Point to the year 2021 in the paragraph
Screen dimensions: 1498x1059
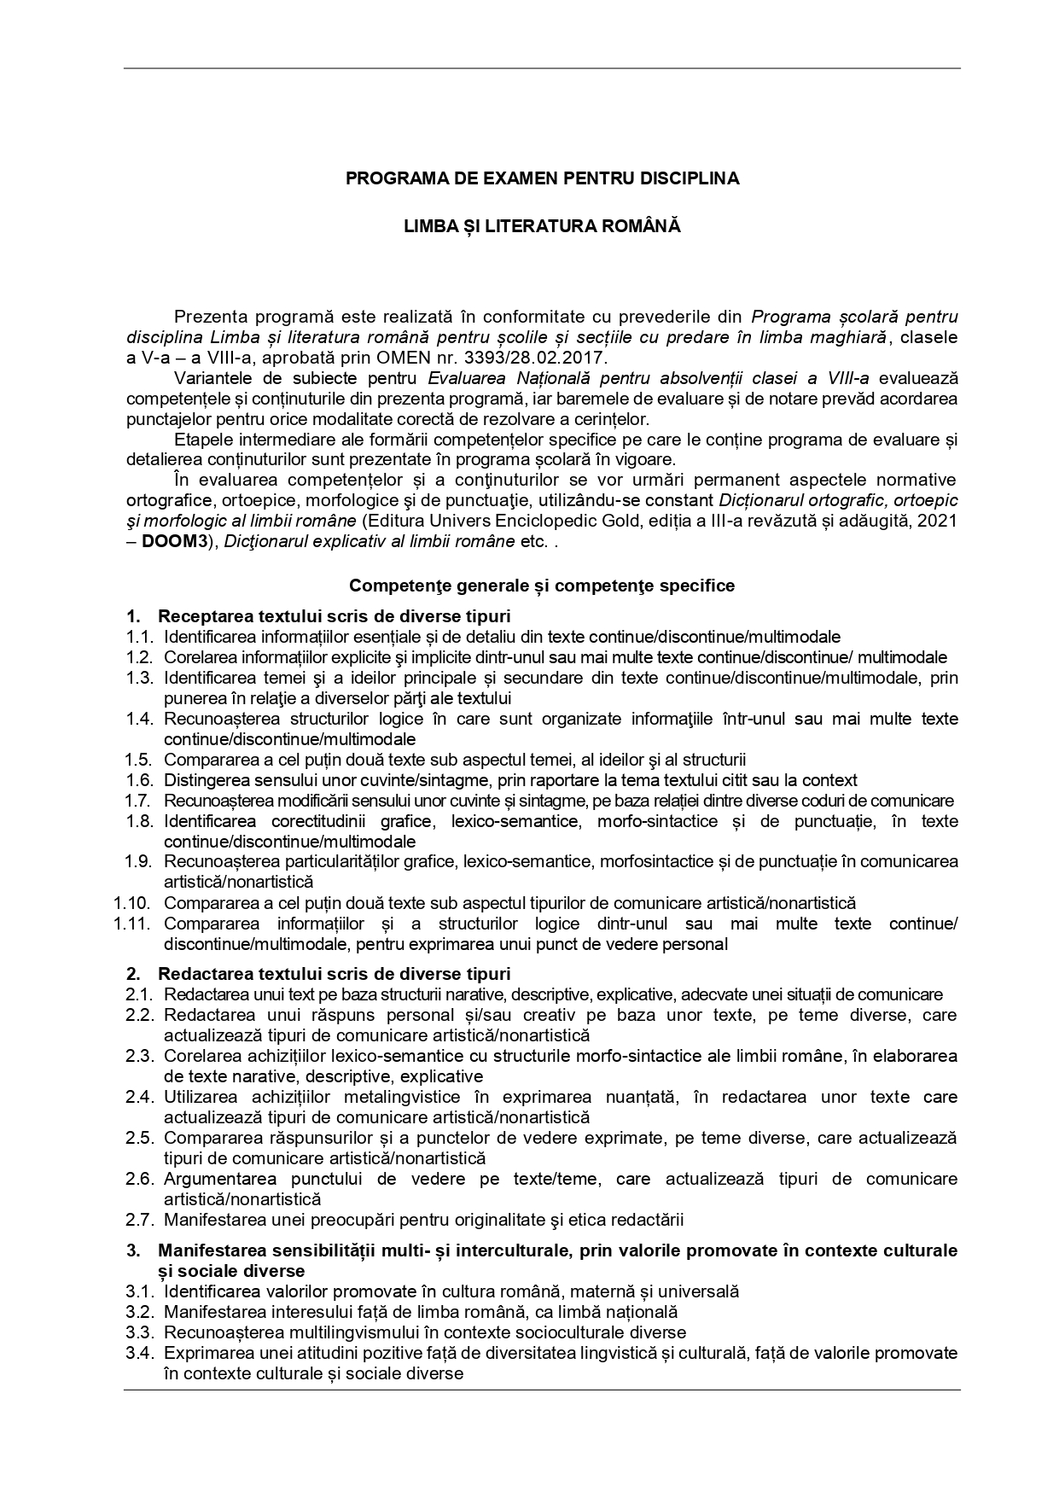pyautogui.click(x=939, y=521)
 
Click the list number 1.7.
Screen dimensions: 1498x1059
pyautogui.click(x=139, y=801)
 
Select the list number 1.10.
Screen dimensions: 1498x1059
pyautogui.click(x=134, y=903)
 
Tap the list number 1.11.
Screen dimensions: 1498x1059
pyautogui.click(x=134, y=924)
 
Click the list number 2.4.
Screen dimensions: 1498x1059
pyautogui.click(x=139, y=1097)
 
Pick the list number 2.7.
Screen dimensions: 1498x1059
pyautogui.click(x=139, y=1220)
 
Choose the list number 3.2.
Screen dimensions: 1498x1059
pyautogui.click(x=139, y=1312)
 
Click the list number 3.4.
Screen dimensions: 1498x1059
pyautogui.click(x=139, y=1353)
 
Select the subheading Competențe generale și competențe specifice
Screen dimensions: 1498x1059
pyautogui.click(x=542, y=586)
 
